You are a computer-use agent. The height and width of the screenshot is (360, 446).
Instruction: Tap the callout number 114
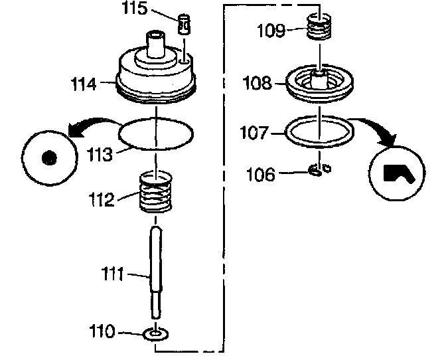84,84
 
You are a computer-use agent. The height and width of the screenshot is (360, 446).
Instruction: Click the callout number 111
113,273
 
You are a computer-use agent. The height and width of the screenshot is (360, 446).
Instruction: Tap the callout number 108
257,83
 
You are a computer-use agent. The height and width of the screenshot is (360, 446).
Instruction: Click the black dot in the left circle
48,158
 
